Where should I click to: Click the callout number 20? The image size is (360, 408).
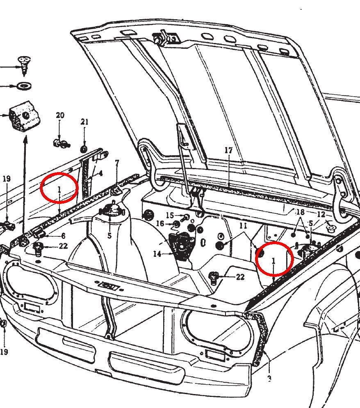click(60, 115)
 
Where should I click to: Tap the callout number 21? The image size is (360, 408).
click(84, 122)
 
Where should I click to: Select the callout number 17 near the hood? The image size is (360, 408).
click(228, 150)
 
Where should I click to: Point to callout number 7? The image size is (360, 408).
click(117, 163)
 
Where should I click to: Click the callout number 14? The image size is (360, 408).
click(157, 254)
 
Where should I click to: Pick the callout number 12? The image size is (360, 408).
click(321, 214)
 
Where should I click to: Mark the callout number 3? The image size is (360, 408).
click(270, 379)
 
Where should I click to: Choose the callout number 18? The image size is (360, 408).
click(300, 212)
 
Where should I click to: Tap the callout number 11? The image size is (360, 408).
click(243, 226)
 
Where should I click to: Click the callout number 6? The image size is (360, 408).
click(63, 236)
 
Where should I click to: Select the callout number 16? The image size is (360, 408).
click(160, 224)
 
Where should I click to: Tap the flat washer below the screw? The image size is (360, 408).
click(24, 85)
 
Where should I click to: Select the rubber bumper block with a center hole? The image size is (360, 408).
click(25, 116)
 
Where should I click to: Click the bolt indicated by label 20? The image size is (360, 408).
click(62, 143)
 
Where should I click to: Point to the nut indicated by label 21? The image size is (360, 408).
click(84, 150)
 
